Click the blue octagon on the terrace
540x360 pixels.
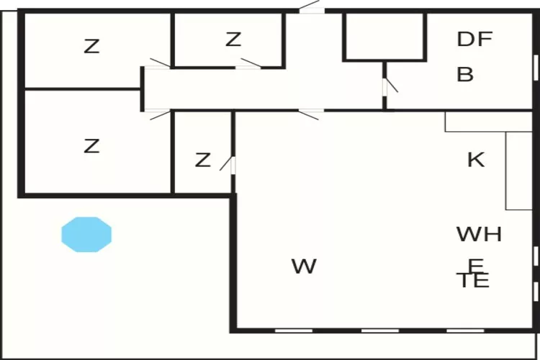[86, 234]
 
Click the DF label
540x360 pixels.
[474, 39]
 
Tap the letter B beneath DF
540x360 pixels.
[465, 74]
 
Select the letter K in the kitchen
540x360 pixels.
[476, 160]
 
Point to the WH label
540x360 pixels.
[479, 234]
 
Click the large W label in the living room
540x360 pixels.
[304, 266]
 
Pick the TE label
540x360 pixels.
[473, 280]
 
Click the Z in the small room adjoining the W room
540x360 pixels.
[202, 160]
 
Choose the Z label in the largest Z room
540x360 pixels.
[91, 146]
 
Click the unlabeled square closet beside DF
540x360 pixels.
[384, 37]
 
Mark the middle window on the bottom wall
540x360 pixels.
[380, 330]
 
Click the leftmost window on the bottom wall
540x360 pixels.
[294, 330]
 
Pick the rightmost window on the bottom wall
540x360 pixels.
[465, 330]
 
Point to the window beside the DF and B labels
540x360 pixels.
[536, 68]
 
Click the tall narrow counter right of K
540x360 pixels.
[519, 171]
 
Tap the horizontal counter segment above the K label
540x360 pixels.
[489, 122]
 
